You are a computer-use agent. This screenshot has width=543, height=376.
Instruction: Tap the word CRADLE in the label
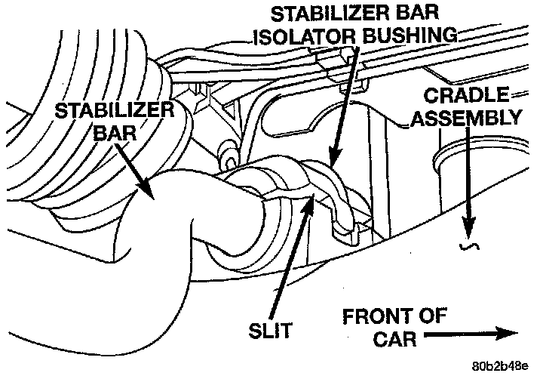click(469, 96)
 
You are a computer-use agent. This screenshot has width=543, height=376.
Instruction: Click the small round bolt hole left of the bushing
click(227, 159)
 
